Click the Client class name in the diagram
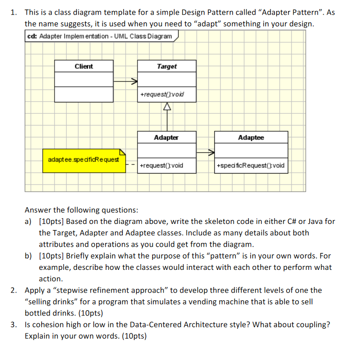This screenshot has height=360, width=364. pos(84,66)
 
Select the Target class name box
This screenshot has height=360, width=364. pos(166,66)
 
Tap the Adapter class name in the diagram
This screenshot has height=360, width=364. pos(166,138)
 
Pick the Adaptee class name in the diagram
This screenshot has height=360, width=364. pos(251,138)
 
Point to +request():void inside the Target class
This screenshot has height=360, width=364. pos(162,94)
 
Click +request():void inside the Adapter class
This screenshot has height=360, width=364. pos(162,166)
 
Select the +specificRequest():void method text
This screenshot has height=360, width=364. pos(251,166)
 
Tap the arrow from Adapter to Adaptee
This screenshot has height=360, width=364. pos(205,152)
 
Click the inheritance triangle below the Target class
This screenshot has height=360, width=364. pos(166,107)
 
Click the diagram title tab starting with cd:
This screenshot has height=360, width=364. pos(100,37)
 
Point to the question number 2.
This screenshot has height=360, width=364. pos(15,290)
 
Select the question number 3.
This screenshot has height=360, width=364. pos(15,325)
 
